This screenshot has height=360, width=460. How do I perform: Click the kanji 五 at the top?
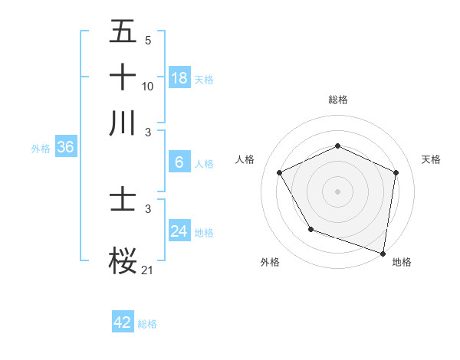point(123,31)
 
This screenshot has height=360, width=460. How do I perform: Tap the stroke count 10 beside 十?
point(148,86)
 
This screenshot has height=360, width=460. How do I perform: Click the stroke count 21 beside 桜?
point(148,270)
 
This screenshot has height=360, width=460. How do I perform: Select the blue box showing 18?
point(179,77)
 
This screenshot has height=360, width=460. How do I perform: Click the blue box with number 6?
point(179,162)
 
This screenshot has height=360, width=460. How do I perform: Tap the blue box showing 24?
point(179,231)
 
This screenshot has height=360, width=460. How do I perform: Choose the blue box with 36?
point(65,148)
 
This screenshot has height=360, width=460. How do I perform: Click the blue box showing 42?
point(123,322)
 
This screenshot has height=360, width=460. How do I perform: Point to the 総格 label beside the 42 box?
point(147,324)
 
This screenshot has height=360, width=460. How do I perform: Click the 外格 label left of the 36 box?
point(41,149)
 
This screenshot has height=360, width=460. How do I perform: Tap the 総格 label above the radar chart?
point(338,100)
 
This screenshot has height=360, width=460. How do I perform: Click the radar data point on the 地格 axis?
point(383,253)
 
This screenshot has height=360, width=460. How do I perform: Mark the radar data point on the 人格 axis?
point(280,172)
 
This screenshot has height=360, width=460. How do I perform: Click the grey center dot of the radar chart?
point(338,191)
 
